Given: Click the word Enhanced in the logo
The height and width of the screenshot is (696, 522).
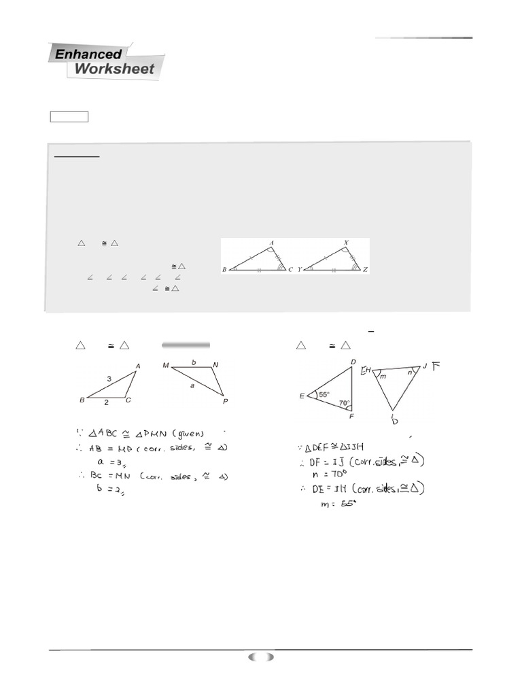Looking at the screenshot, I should [x=88, y=54].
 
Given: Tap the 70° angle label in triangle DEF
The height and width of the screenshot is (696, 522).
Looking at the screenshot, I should [x=345, y=403].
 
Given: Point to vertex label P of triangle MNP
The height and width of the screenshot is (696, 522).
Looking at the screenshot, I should [x=225, y=402].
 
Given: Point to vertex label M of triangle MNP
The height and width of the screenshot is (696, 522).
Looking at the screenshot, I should [x=165, y=366].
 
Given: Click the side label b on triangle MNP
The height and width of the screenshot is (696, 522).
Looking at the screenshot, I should [x=194, y=362].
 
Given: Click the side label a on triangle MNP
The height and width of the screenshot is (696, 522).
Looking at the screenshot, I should [x=192, y=385].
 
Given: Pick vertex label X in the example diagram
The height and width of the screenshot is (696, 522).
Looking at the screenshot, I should [x=347, y=243].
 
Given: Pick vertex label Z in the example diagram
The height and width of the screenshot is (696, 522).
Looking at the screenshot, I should [x=366, y=270].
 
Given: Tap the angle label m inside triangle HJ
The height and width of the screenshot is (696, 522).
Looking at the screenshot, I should [x=383, y=376].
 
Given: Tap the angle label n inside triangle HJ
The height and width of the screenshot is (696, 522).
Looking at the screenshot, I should [x=410, y=372].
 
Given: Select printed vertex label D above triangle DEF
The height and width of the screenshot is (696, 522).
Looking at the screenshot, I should [x=353, y=362].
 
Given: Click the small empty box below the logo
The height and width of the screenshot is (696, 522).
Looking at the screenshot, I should [x=69, y=117].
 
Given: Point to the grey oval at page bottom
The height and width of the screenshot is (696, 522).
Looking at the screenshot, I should [x=261, y=657].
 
